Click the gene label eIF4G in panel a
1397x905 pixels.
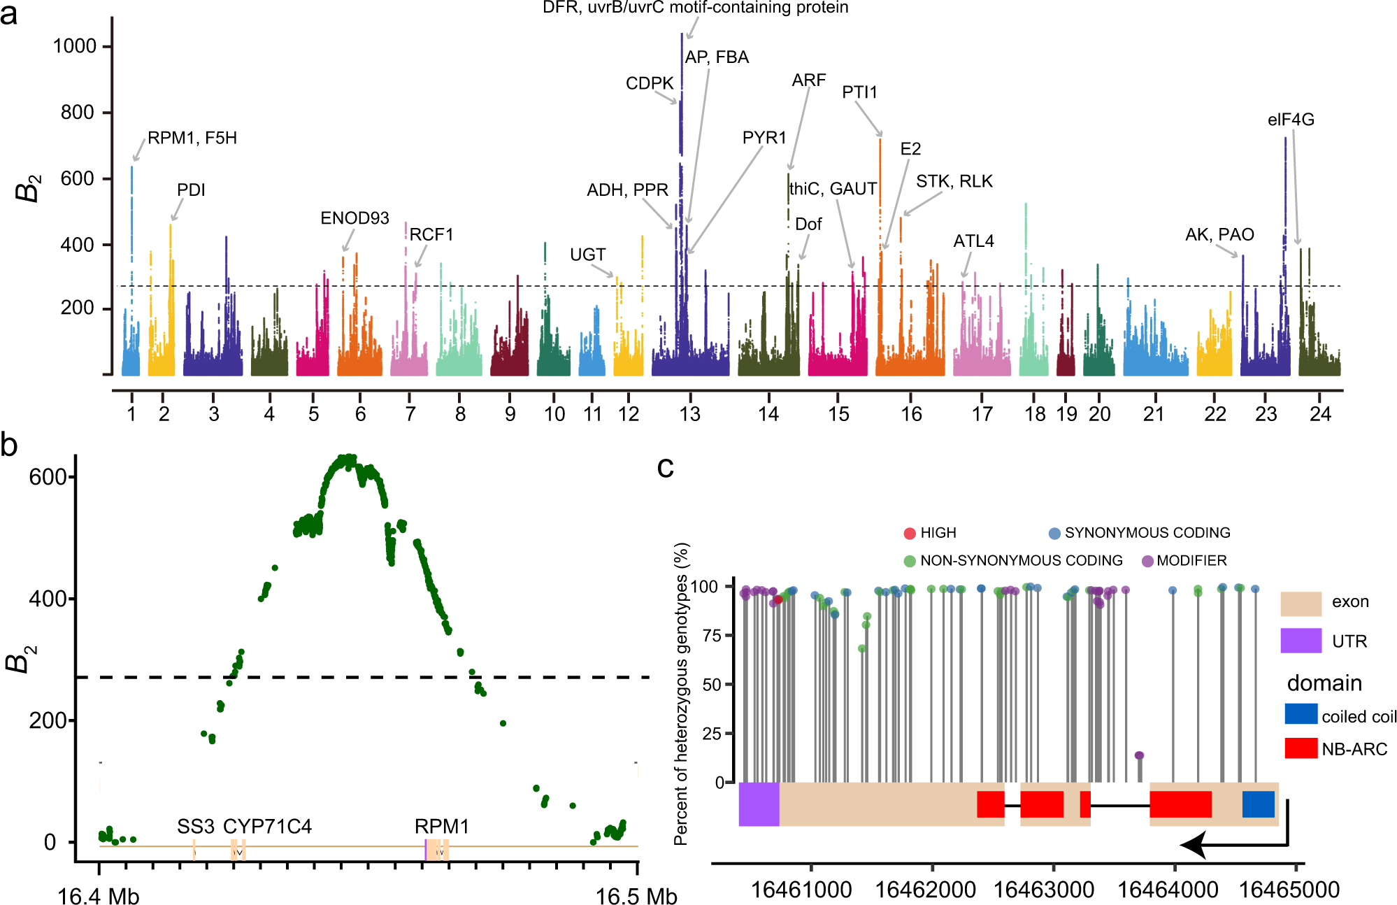(1291, 120)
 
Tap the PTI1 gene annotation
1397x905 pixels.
(859, 92)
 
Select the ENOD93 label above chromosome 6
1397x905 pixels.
(354, 218)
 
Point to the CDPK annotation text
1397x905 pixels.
(650, 83)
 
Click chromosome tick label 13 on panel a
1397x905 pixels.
(689, 414)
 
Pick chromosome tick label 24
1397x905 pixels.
(1320, 414)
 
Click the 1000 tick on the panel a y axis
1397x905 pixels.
(74, 46)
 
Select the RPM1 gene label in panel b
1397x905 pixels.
(441, 827)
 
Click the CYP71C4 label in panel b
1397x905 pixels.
(267, 827)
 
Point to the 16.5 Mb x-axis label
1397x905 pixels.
(636, 896)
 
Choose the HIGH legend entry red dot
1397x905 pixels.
(910, 534)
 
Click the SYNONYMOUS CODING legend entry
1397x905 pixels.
(1147, 533)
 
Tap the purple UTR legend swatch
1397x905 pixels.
(1301, 640)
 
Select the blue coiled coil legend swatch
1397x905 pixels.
(1301, 713)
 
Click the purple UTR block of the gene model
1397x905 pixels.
(759, 804)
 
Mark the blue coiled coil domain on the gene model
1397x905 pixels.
(1258, 804)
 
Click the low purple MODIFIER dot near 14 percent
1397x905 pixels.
(1139, 755)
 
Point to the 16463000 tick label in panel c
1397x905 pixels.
(1043, 890)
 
